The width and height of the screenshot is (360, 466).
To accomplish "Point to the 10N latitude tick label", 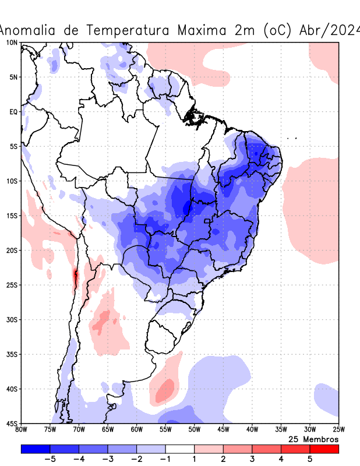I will click(12, 43).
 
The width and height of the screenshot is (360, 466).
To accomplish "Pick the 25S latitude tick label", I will click(12, 285).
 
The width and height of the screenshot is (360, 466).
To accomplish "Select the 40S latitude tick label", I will click(12, 389).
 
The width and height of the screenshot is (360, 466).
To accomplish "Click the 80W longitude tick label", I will click(21, 429).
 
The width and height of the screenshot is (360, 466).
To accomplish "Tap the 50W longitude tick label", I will click(194, 429).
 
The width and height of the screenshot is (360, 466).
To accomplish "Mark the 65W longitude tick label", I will click(108, 429).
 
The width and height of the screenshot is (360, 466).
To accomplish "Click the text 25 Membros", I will click(313, 439).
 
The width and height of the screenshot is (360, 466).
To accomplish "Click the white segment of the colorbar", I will click(180, 449).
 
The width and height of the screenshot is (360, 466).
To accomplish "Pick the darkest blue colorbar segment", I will click(35, 449).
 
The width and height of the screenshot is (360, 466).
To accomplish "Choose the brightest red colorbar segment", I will click(324, 449).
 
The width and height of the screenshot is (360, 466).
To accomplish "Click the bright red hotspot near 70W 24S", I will click(75, 275).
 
